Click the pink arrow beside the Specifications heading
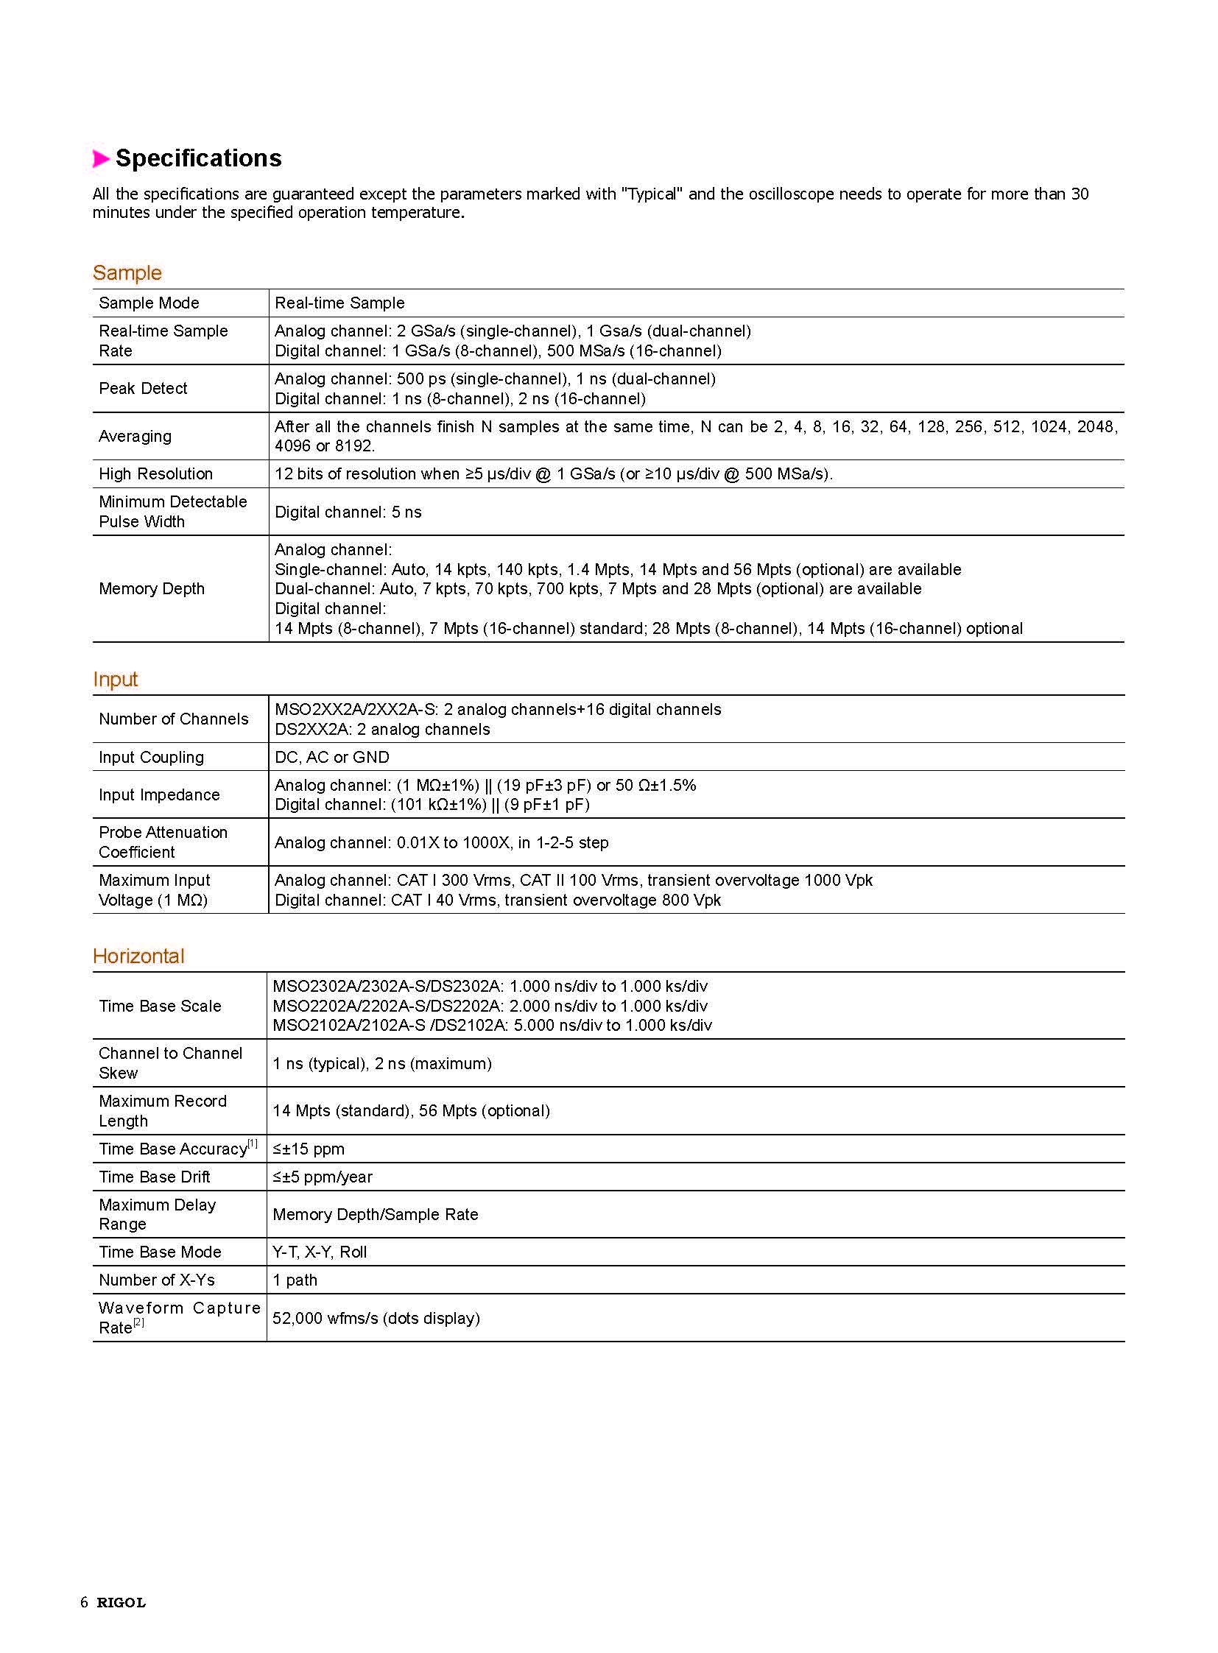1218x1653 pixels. (101, 158)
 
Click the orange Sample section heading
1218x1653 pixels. (127, 272)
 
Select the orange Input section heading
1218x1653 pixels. (115, 679)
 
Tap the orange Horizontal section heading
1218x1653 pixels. (138, 956)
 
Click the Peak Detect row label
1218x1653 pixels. (143, 389)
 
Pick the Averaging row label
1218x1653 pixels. (135, 437)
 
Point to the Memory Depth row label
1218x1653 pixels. (152, 589)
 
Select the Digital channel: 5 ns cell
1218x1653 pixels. (348, 512)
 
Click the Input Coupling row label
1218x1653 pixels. (151, 757)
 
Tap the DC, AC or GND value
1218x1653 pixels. (332, 757)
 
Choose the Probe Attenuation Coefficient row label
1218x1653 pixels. (163, 842)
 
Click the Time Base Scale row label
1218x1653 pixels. (160, 1007)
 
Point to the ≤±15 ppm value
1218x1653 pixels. (309, 1149)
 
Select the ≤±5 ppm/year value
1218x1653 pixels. (323, 1177)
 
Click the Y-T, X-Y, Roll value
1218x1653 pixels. (320, 1252)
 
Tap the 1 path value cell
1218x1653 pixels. (295, 1280)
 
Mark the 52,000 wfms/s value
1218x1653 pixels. (376, 1318)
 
